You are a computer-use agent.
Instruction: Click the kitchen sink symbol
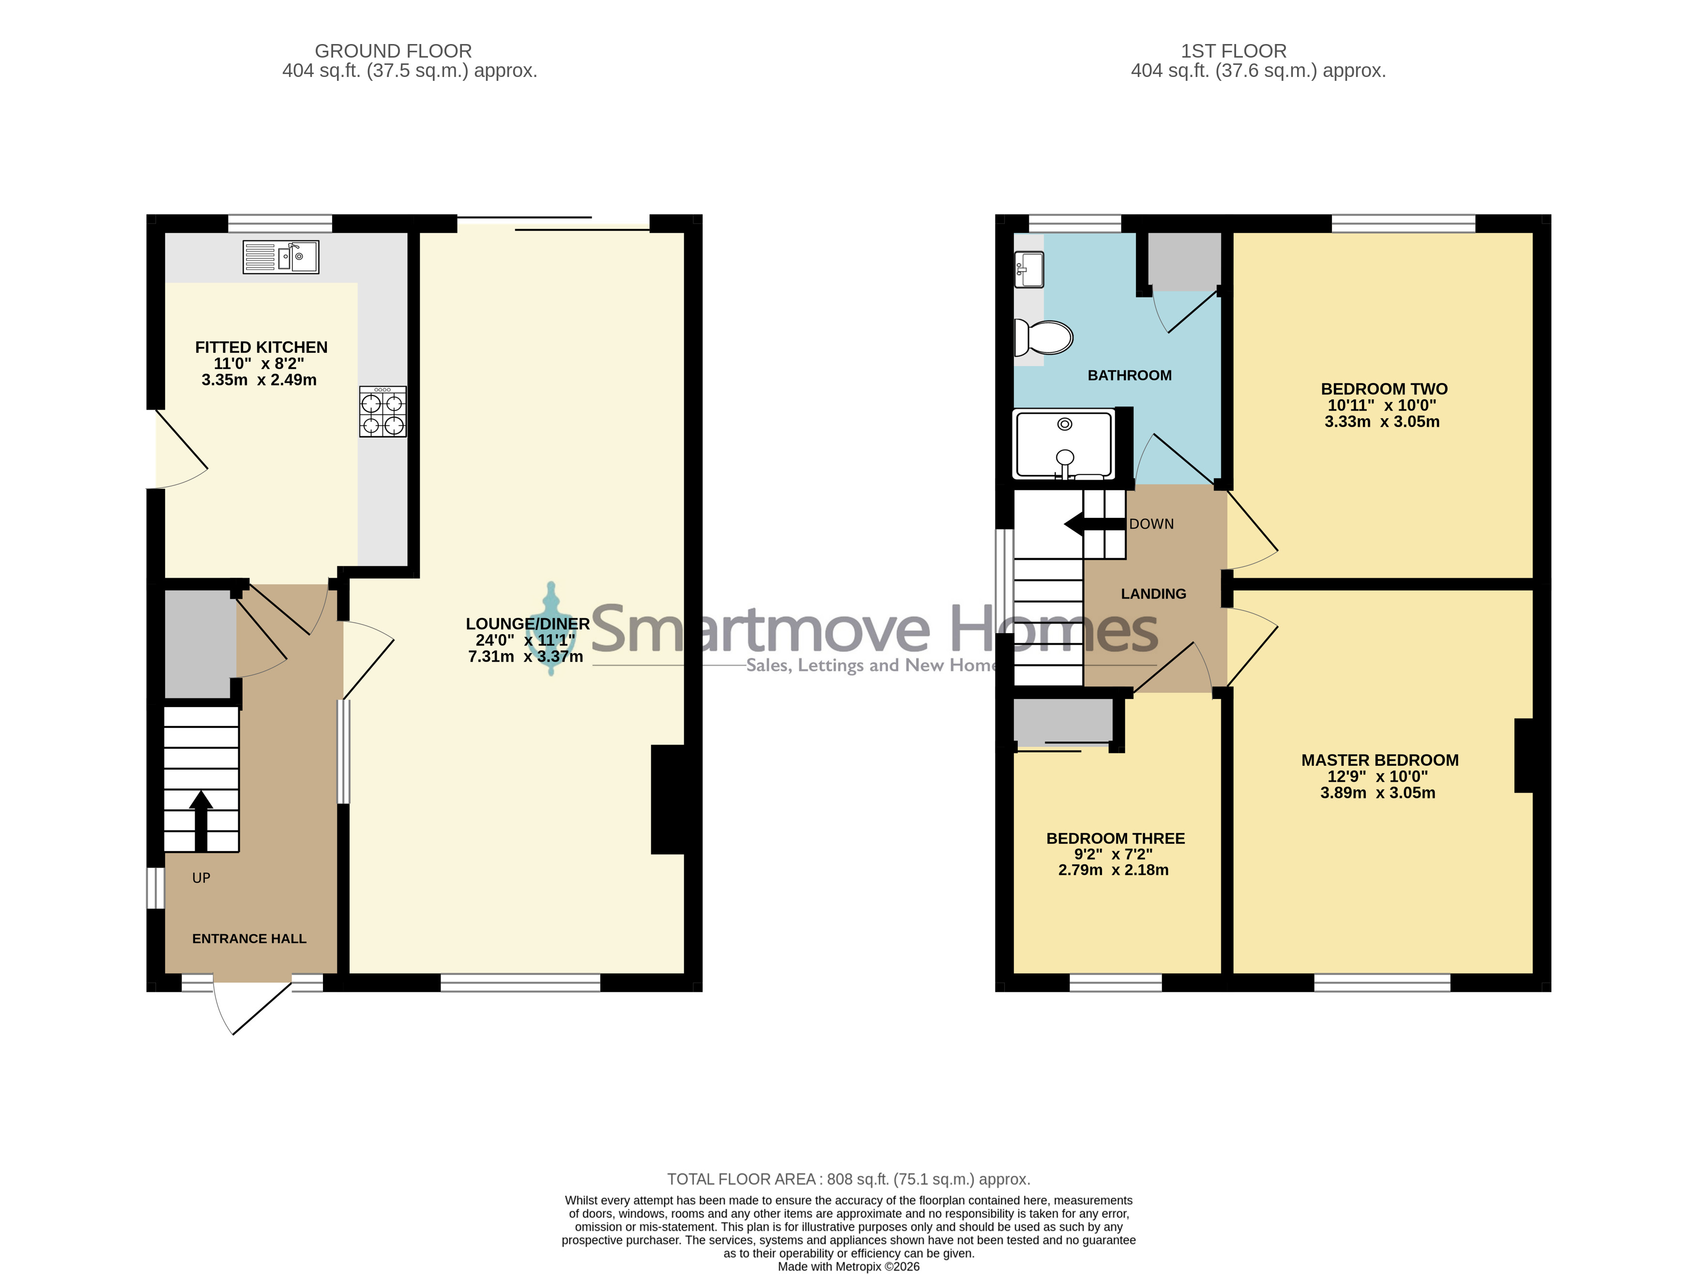(281, 257)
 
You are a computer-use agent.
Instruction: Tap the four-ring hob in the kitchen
(382, 412)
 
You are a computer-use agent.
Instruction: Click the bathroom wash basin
(1028, 270)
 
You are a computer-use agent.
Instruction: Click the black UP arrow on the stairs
(201, 821)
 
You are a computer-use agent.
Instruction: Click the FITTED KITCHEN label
(261, 348)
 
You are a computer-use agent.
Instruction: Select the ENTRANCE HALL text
(249, 939)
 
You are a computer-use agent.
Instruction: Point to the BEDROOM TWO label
(1384, 389)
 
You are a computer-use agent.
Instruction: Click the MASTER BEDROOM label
(1379, 760)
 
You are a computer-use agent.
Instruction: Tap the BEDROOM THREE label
(1116, 839)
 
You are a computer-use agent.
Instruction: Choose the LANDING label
(1153, 594)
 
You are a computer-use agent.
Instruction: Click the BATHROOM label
(1129, 375)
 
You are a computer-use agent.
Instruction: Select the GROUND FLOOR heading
(393, 51)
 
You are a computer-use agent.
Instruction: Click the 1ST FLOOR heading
(1233, 51)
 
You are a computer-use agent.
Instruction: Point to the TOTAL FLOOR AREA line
(848, 1180)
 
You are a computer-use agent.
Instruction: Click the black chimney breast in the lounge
(668, 799)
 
